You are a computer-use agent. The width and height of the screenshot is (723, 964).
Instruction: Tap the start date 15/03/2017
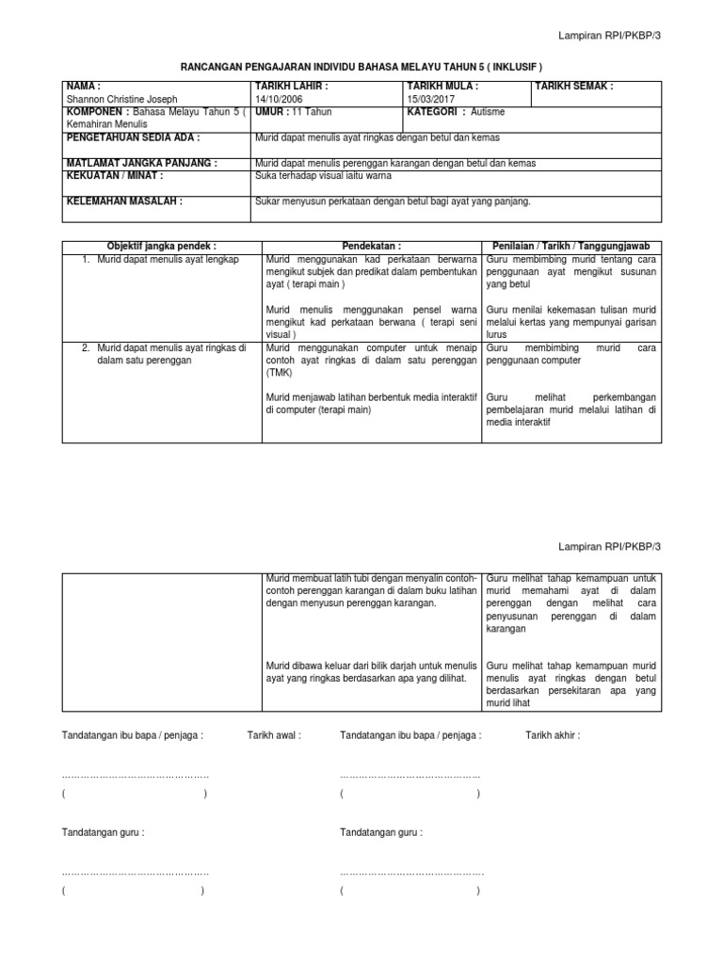coord(431,99)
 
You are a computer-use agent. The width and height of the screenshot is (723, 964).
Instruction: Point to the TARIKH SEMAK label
coord(574,87)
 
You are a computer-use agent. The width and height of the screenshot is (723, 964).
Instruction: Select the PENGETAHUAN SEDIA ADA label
coord(133,137)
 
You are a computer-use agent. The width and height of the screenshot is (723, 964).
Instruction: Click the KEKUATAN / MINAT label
coord(114,175)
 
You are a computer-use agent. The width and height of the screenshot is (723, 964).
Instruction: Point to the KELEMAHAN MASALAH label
coord(123,201)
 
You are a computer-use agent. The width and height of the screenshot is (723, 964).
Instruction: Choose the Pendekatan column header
coord(372,246)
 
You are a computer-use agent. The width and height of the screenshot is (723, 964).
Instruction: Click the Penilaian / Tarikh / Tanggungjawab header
coord(571,246)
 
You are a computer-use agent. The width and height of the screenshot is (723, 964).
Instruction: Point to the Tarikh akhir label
coord(553,735)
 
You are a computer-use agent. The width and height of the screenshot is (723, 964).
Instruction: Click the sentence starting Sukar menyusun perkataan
coord(393,201)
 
